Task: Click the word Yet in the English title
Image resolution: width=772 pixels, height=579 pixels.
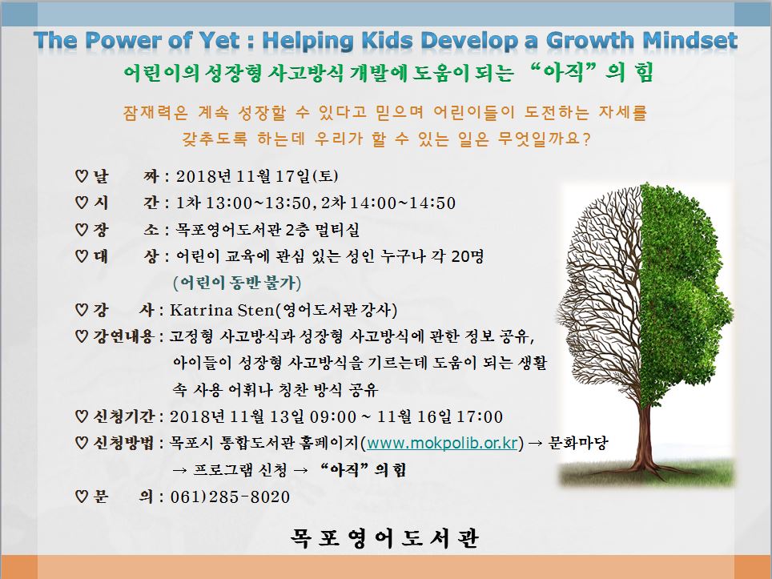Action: coord(219,40)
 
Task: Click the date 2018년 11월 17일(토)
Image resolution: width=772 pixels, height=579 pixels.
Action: coord(256,176)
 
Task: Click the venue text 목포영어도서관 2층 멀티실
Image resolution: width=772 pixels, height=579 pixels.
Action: coord(267,229)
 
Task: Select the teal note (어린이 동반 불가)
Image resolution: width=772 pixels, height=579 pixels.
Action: coord(237,283)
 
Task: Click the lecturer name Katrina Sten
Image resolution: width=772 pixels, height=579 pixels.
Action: coord(222,310)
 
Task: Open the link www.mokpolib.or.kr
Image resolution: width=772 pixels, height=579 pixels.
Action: coord(441,443)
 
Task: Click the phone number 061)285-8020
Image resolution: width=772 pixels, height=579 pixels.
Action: coord(230,497)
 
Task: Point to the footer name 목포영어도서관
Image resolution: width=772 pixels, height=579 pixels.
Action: coord(384,537)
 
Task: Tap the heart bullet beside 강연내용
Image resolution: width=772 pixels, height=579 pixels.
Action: coord(82,337)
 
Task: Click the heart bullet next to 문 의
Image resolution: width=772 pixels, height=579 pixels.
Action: coord(82,497)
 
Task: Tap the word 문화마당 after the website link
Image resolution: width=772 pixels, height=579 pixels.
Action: coord(578,443)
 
